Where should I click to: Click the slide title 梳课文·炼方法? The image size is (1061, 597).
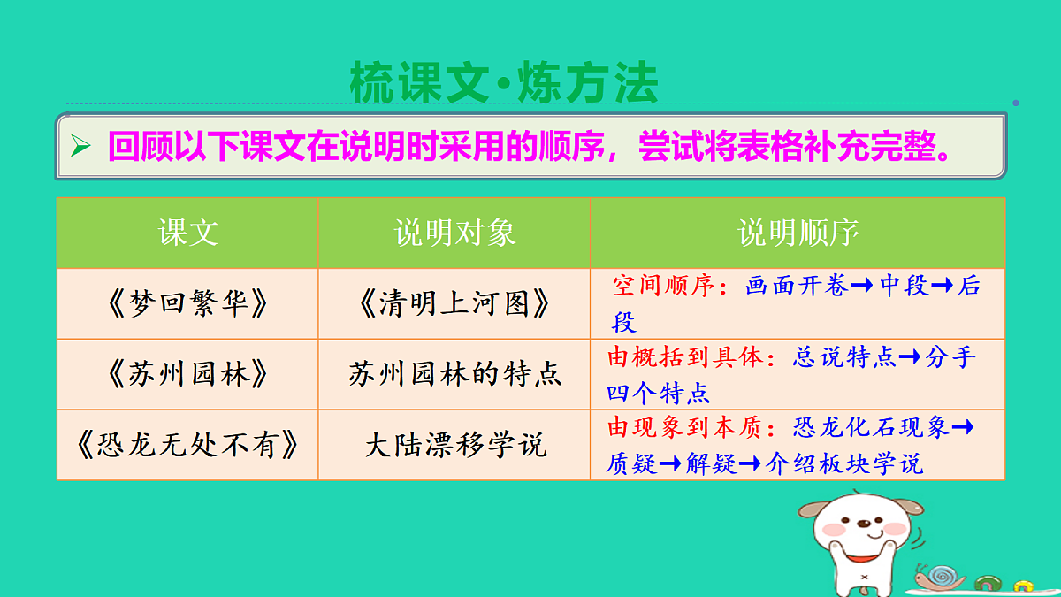pos(504,84)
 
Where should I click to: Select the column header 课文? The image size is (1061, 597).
pos(187,233)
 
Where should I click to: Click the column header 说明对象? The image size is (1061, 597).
pos(454,233)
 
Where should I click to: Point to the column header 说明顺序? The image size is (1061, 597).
pos(798,233)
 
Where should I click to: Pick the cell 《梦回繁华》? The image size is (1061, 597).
pos(187,304)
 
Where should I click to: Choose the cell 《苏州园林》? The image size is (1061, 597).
pos(187,375)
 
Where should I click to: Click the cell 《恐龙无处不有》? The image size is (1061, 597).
pos(187,445)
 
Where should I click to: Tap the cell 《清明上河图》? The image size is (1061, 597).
pos(454,304)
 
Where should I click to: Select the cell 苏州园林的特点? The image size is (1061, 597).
pos(454,375)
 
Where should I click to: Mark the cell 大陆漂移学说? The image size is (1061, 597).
pos(454,445)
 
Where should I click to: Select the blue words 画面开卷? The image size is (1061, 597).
pos(797,287)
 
